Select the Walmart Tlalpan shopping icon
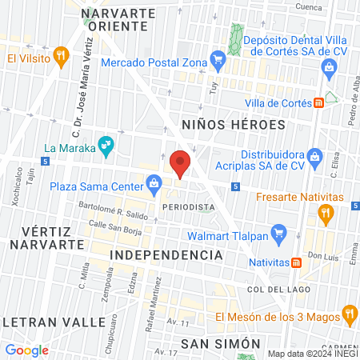pyautogui.click(x=278, y=234)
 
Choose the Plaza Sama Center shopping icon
pyautogui.click(x=153, y=187)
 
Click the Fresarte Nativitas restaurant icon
pyautogui.click(x=325, y=212)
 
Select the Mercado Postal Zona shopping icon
pyautogui.click(x=216, y=58)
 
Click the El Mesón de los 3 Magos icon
pyautogui.click(x=348, y=313)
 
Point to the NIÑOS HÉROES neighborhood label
pyautogui.click(x=233, y=125)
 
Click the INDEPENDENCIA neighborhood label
pyautogui.click(x=165, y=254)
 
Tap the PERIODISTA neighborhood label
pyautogui.click(x=188, y=207)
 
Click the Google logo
pyautogui.click(x=26, y=350)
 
